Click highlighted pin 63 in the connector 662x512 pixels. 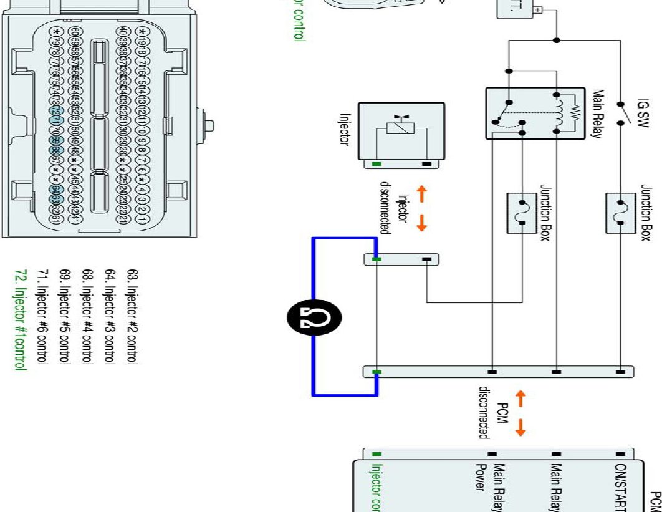[55, 199]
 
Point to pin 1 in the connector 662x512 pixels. [142, 219]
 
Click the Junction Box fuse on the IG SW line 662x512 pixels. [620, 207]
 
